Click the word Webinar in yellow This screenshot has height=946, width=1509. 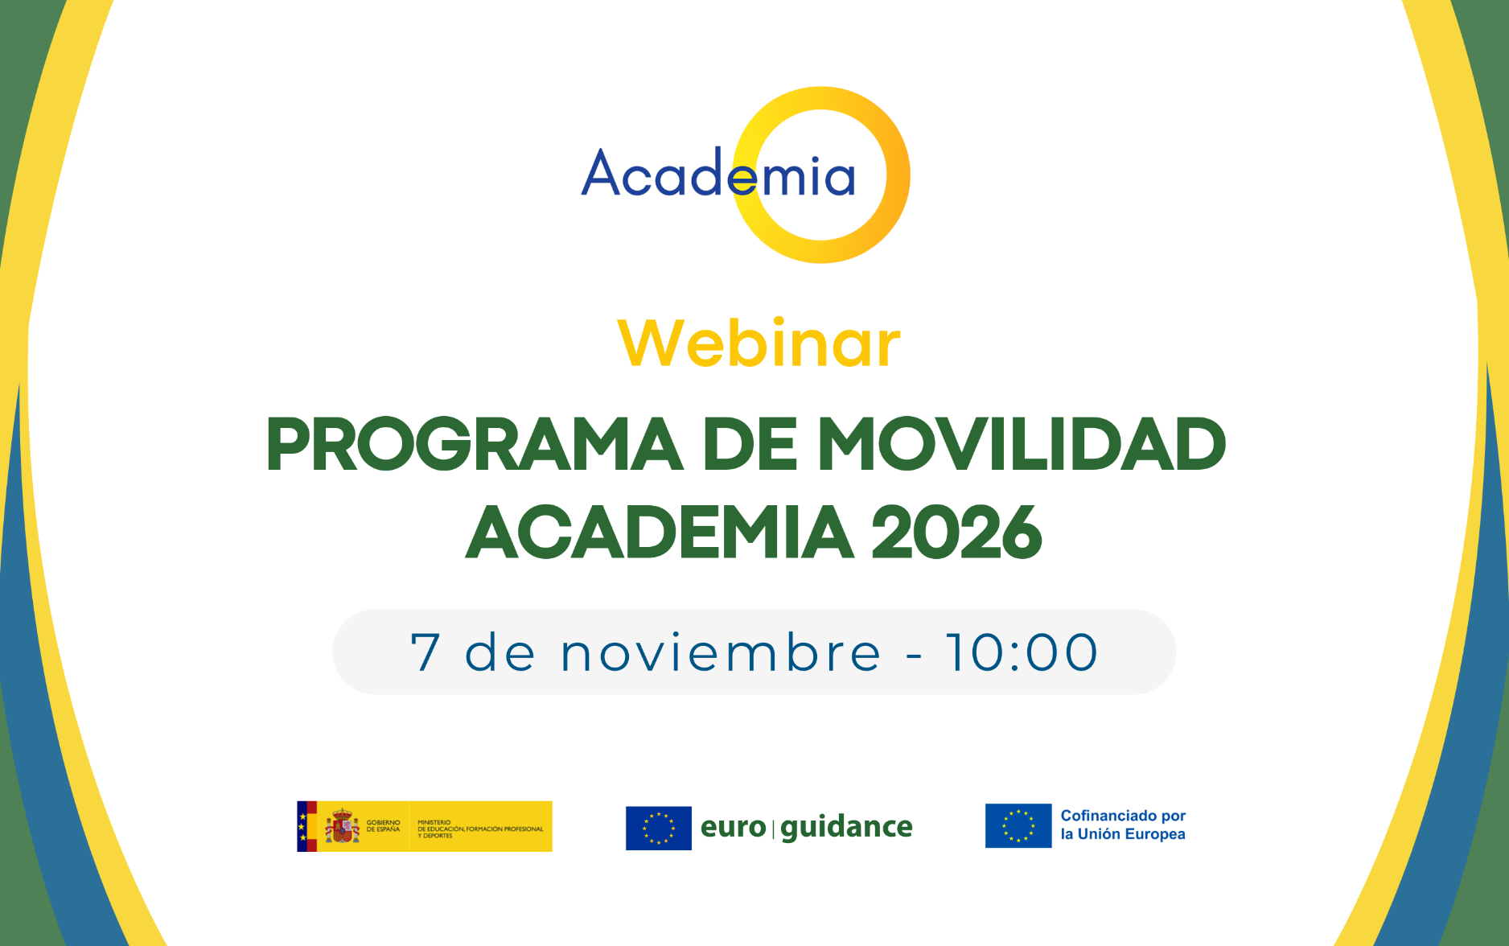pos(759,343)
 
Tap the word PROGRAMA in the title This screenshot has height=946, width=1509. pos(475,445)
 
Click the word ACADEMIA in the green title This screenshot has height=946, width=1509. pos(660,533)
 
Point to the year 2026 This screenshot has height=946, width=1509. pos(956,533)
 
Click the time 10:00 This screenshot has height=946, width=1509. pos(1022,652)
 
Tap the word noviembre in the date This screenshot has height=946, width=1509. pos(721,652)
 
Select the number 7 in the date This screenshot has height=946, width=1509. pos(426,652)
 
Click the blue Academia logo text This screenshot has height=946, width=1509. pos(717,175)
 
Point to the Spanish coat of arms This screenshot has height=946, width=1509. pos(343,826)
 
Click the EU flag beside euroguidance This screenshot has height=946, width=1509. pos(658,828)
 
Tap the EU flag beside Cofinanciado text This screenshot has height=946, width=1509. pos(1018,825)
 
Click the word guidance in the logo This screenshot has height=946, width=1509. pos(846,827)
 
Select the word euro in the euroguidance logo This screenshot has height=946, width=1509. pos(733,827)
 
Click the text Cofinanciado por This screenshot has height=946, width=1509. pos(1123,816)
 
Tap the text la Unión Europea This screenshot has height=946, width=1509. pos(1123,834)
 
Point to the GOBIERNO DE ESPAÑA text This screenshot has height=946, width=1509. pos(383,826)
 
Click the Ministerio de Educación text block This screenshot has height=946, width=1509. pos(479,829)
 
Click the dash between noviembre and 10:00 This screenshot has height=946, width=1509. pos(914,655)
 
